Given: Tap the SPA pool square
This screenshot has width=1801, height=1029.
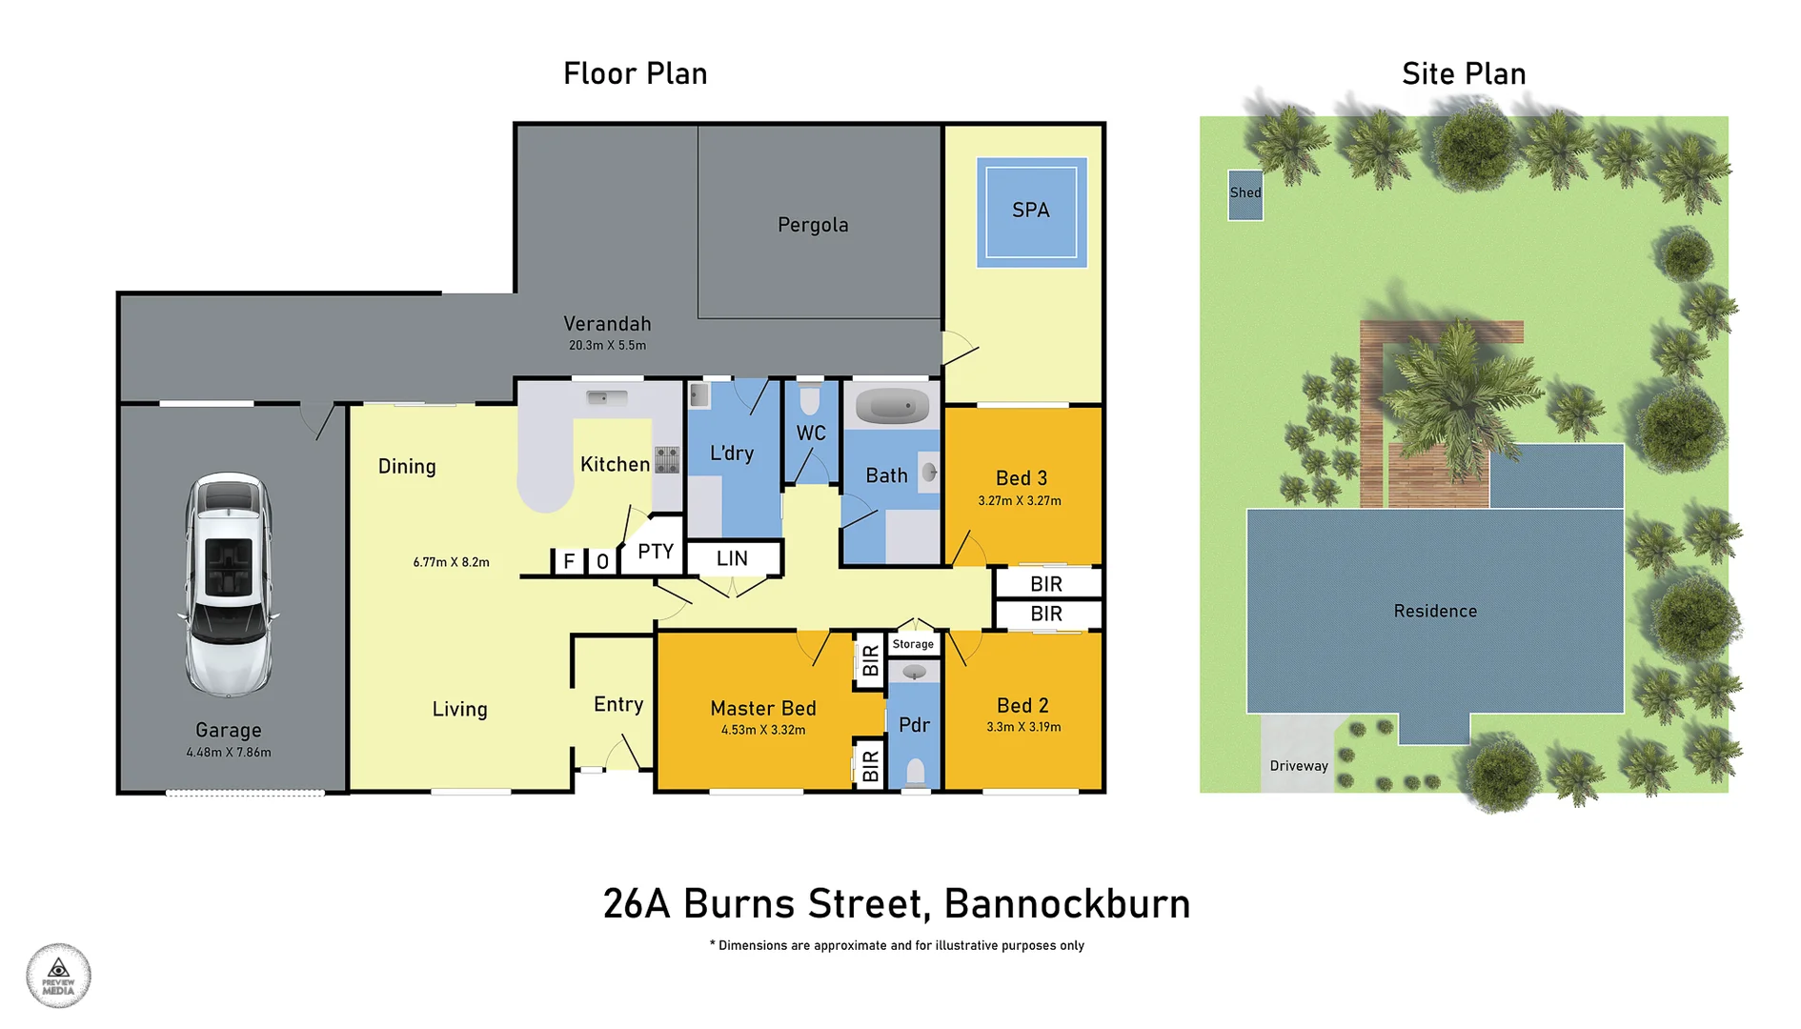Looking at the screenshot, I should coord(1031,212).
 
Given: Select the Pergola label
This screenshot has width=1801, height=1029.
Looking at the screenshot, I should coord(813,225).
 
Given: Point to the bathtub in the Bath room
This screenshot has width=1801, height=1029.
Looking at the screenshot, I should coord(892,407).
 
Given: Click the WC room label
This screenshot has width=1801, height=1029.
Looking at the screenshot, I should coord(811,434).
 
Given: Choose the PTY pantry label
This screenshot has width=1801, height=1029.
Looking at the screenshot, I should coord(656,552).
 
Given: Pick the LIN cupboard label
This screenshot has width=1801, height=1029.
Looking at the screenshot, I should coord(732,559).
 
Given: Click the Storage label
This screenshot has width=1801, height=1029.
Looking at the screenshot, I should coord(913,644).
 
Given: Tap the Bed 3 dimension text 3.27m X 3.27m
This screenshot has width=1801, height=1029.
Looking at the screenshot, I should coord(1020,501).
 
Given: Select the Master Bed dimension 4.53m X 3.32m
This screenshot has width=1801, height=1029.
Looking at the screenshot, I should coord(763,731).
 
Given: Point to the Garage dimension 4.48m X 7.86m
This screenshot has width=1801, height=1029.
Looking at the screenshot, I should coord(229,753).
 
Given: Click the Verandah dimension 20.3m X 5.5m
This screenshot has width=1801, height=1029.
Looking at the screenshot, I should coord(607,346).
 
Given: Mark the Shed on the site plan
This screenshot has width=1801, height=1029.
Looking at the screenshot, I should coord(1245,194).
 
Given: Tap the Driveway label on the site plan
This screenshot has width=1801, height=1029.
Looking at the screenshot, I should coord(1299,766).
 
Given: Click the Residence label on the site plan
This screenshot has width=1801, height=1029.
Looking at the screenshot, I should coord(1435,612).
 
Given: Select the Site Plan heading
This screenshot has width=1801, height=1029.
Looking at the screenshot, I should coord(1464,74).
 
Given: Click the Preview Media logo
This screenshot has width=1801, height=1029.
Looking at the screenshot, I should coord(58,976).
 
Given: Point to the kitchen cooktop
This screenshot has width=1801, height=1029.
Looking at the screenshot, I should coord(667,459).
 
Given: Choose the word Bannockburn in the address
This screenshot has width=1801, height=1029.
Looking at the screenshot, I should coord(1067,904).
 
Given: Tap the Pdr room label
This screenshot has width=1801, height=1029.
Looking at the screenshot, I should coord(914,725).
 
